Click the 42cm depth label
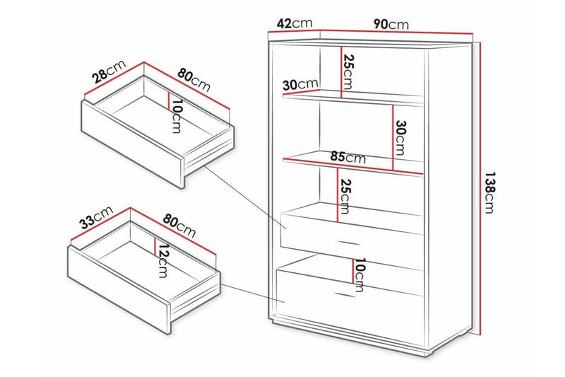[x=294, y=23]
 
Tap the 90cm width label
[x=391, y=24]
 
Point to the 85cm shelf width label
[x=347, y=157]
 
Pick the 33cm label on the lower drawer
[x=96, y=217]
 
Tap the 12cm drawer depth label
[x=164, y=260]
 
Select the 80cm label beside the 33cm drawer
[x=179, y=226]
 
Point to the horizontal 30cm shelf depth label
[x=301, y=85]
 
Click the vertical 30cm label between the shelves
[x=400, y=137]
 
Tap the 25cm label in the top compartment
[x=348, y=71]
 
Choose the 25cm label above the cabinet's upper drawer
[x=344, y=196]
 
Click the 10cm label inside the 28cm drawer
[x=176, y=116]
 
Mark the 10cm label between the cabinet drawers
[x=359, y=275]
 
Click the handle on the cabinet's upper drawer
[x=348, y=243]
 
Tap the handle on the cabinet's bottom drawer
[x=345, y=294]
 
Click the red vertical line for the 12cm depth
[x=155, y=246]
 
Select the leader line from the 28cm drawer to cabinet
[x=245, y=197]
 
